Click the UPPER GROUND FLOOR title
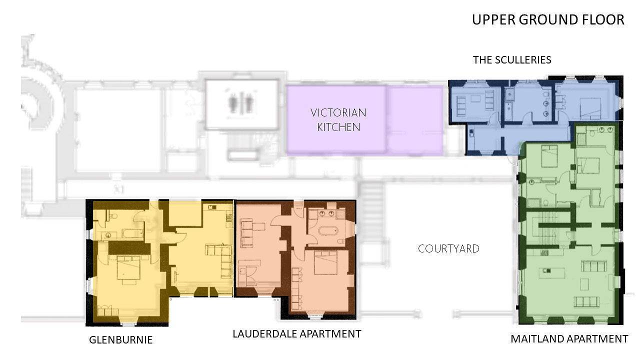pos(548,19)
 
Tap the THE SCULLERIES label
pos(512,60)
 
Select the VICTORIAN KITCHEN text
pos(338,120)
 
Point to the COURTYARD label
pos(448,249)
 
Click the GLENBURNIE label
pos(120,339)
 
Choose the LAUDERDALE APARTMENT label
pos(297,333)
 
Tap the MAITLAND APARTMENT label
pos(569,339)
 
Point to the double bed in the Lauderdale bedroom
pos(325,262)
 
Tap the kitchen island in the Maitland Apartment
pos(551,272)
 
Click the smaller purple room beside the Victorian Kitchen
pos(415,120)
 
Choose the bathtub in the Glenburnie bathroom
pos(132,234)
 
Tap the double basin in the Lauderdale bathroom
pos(326,213)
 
